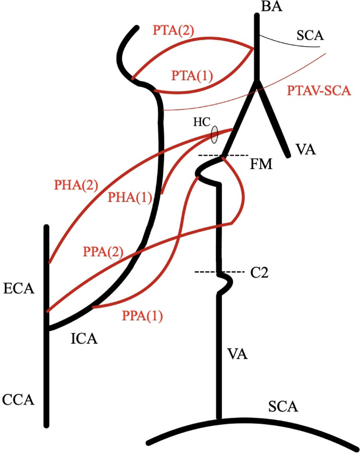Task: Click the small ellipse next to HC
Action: click(x=214, y=134)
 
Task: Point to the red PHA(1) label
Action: click(x=130, y=198)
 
